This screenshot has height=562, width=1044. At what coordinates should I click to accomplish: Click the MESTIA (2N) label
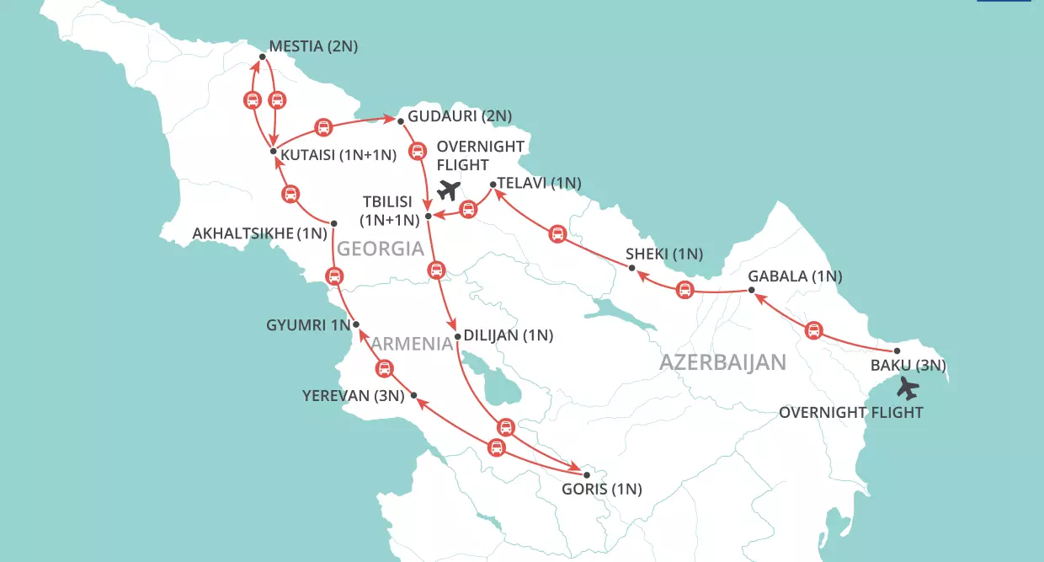[x=313, y=47]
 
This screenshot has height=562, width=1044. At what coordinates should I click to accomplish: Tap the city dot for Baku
[x=898, y=351]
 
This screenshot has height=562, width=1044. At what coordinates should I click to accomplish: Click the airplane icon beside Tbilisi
[x=451, y=190]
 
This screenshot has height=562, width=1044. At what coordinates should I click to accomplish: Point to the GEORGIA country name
[x=381, y=249]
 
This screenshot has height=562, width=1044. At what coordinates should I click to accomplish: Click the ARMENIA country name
[x=413, y=343]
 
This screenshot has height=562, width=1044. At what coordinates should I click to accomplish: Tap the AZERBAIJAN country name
[x=722, y=362]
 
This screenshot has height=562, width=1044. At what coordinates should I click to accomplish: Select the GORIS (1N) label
[x=602, y=489]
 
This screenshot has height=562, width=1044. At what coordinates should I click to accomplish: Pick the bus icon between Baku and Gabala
[x=813, y=330]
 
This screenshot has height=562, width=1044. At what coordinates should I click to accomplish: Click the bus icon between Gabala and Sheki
[x=685, y=291]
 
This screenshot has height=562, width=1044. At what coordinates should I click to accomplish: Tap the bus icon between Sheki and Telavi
[x=557, y=233]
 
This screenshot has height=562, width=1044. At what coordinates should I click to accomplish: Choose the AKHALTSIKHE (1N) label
[x=259, y=233]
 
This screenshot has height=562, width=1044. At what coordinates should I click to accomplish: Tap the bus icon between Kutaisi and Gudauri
[x=322, y=128]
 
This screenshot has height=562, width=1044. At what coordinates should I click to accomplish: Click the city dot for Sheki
[x=631, y=268]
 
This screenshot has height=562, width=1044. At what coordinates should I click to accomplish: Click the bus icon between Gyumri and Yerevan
[x=384, y=367]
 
